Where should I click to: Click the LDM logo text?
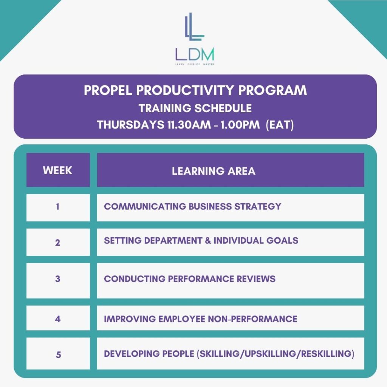pyautogui.click(x=195, y=54)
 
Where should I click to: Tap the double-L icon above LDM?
pyautogui.click(x=195, y=26)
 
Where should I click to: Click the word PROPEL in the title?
pyautogui.click(x=108, y=90)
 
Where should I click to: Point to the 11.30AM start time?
pyautogui.click(x=189, y=125)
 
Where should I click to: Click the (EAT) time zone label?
pyautogui.click(x=280, y=125)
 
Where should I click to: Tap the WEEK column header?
pyautogui.click(x=58, y=170)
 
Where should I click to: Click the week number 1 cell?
pyautogui.click(x=58, y=207)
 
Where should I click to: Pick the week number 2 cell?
pyautogui.click(x=58, y=242)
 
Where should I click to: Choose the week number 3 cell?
pyautogui.click(x=58, y=280)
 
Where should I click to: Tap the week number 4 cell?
pyautogui.click(x=58, y=318)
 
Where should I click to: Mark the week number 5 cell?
pyautogui.click(x=58, y=353)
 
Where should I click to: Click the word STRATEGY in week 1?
pyautogui.click(x=258, y=206)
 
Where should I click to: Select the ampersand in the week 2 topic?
pyautogui.click(x=208, y=240)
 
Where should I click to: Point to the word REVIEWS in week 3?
pyautogui.click(x=256, y=279)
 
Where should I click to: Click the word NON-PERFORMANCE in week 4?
pyautogui.click(x=252, y=319)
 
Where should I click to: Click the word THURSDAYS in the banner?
pyautogui.click(x=130, y=125)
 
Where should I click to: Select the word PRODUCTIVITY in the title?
pyautogui.click(x=185, y=90)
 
